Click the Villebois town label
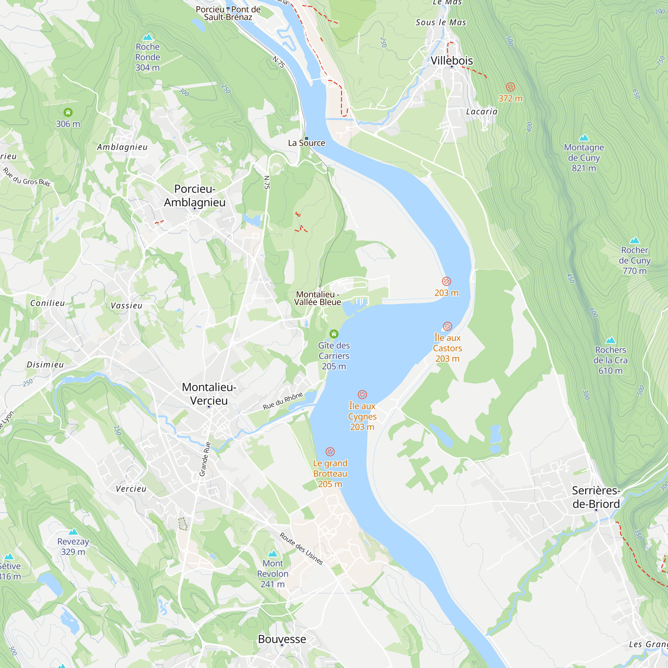452,60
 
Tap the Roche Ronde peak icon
148,37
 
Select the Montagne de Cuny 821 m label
583,158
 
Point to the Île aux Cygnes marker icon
362,394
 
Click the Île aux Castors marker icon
447,326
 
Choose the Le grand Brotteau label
330,473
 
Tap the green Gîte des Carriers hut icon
334,334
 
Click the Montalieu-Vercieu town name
209,394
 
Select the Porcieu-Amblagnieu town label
195,195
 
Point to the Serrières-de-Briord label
596,497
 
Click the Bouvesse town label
282,639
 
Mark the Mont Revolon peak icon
273,553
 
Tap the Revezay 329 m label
73,546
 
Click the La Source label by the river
306,143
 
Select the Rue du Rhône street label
283,401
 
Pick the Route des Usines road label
301,549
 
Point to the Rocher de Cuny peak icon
635,240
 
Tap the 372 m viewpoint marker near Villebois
510,87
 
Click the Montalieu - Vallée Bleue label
317,298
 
